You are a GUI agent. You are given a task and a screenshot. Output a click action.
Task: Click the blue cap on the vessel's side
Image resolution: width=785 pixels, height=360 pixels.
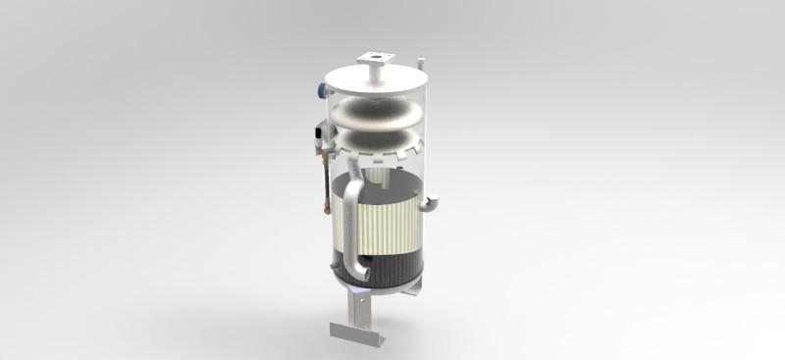click(x=321, y=89)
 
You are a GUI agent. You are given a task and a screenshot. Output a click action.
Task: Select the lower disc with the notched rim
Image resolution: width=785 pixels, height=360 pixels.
click(x=378, y=143)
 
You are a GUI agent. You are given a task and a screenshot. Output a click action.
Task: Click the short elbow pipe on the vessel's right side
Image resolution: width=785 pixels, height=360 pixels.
click(x=433, y=203)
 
